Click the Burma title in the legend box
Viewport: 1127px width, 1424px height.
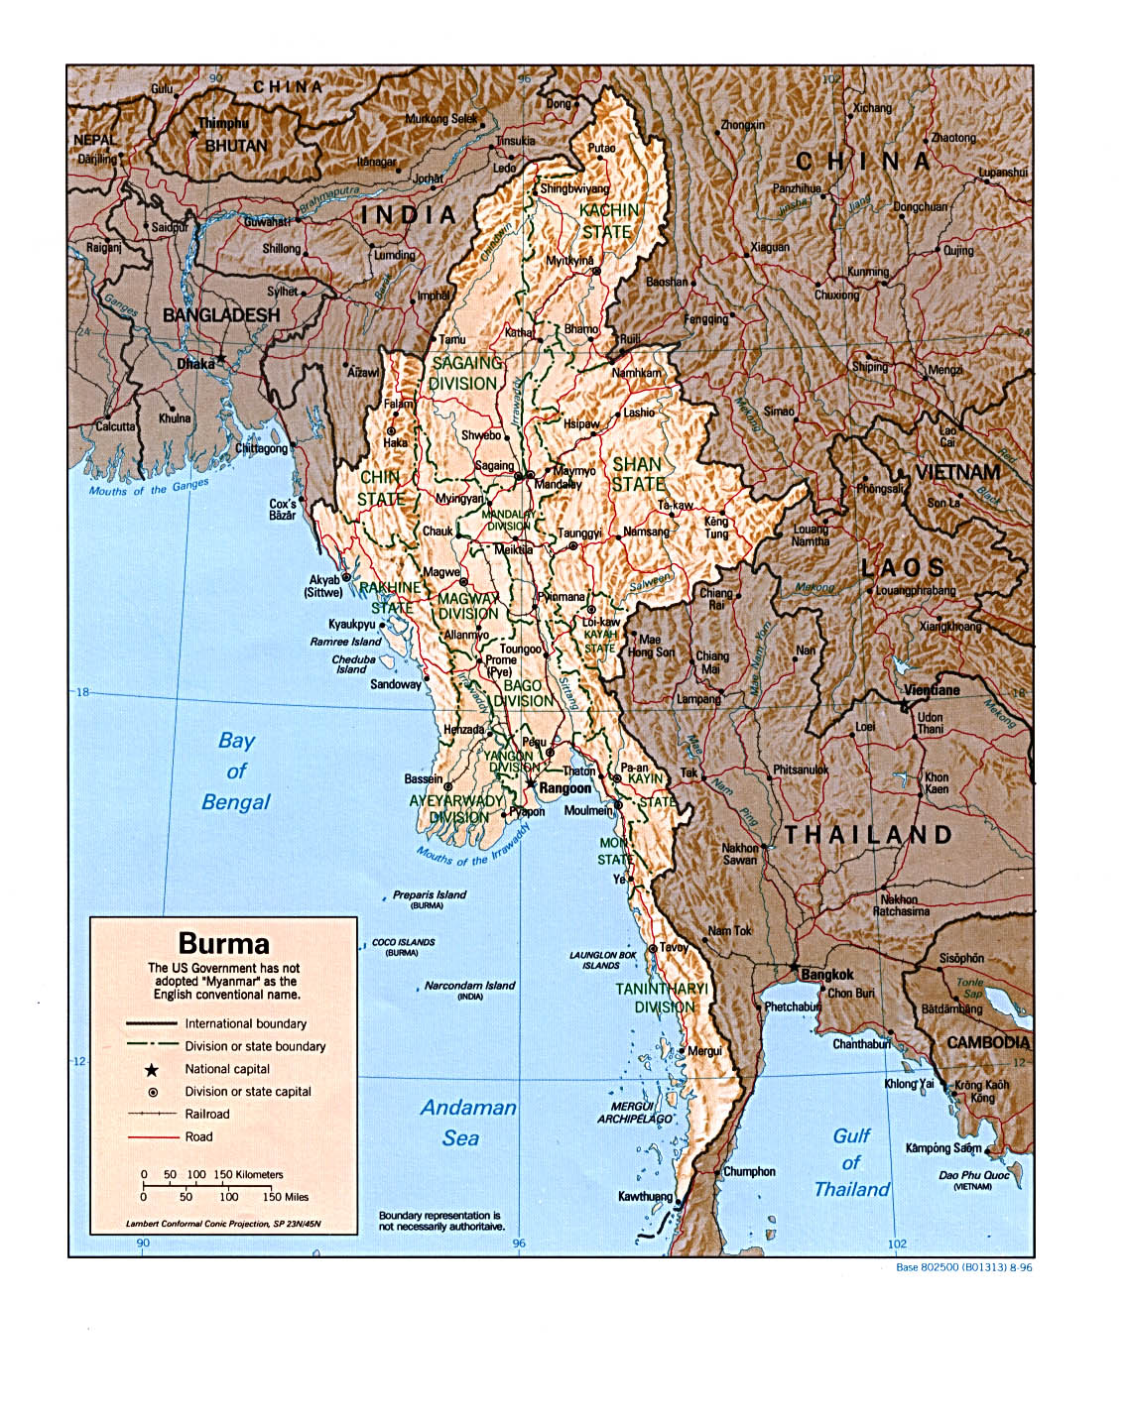(x=223, y=943)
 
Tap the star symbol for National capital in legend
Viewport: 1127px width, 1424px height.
(x=152, y=1070)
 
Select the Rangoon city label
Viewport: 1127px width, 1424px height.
(x=564, y=788)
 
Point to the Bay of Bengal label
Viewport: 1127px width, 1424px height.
(x=236, y=771)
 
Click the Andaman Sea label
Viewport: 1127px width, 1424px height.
(x=467, y=1123)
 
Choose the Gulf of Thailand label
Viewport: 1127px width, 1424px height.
(x=851, y=1162)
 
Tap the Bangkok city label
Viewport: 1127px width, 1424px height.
(x=826, y=975)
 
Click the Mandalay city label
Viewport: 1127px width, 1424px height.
(x=558, y=484)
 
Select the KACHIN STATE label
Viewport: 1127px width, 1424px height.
(x=608, y=221)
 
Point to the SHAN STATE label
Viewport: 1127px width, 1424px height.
(x=638, y=474)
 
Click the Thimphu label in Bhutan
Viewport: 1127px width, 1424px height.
(x=223, y=124)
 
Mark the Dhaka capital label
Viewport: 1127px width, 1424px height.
(x=195, y=364)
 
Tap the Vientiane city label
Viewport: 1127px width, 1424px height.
(x=932, y=690)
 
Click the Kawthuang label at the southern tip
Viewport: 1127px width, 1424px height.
(x=645, y=1196)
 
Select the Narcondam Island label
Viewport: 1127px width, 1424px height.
(x=469, y=986)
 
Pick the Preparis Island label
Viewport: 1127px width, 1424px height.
(x=429, y=894)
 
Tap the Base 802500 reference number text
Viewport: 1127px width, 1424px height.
(x=962, y=1267)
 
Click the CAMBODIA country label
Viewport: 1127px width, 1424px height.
(x=988, y=1042)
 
